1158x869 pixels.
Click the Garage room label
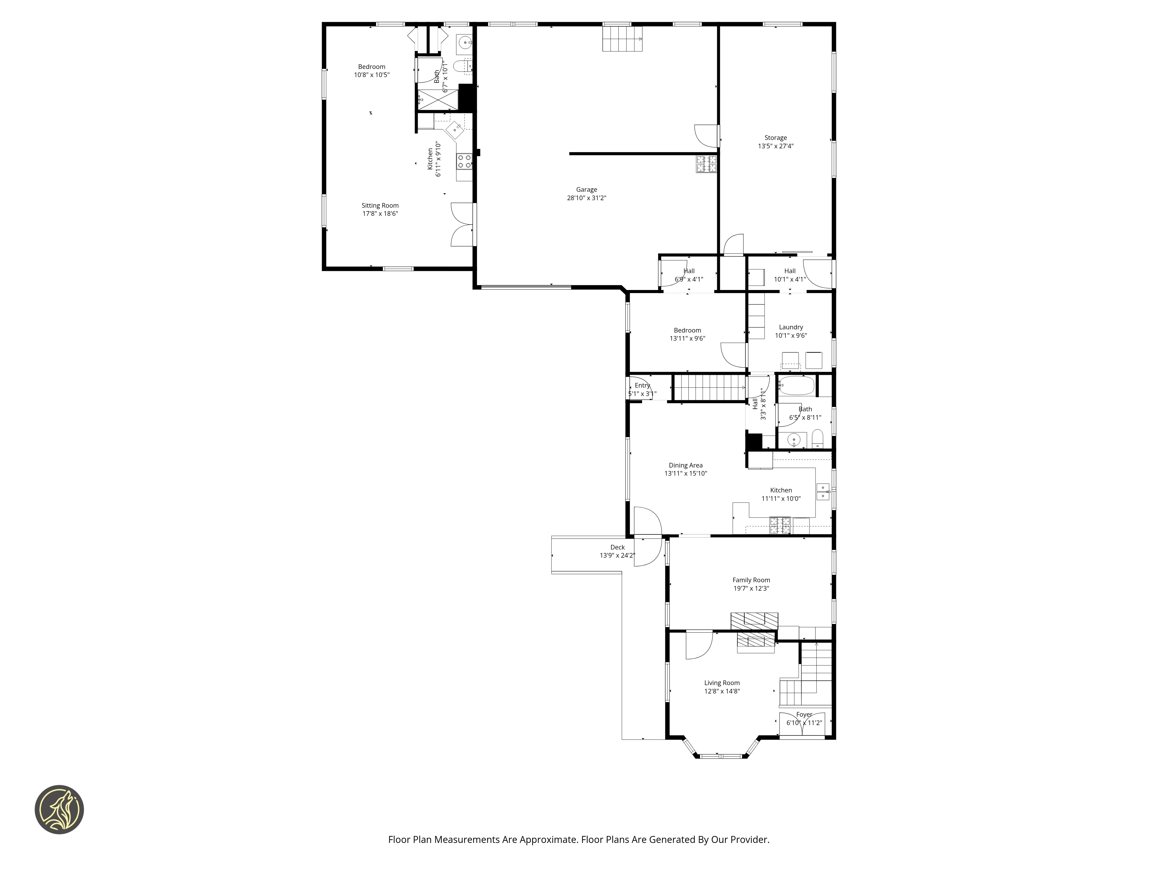[586, 190]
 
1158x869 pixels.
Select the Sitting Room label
[380, 205]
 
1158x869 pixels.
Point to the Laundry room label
[791, 327]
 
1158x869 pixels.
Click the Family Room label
[751, 580]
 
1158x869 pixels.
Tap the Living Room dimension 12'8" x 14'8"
[722, 691]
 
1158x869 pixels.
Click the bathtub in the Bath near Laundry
[796, 386]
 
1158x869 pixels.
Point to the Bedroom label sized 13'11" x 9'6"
[687, 330]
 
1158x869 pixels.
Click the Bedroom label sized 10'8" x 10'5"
[372, 67]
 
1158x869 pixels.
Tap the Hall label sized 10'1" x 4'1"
[790, 271]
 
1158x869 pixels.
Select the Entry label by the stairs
[642, 385]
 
